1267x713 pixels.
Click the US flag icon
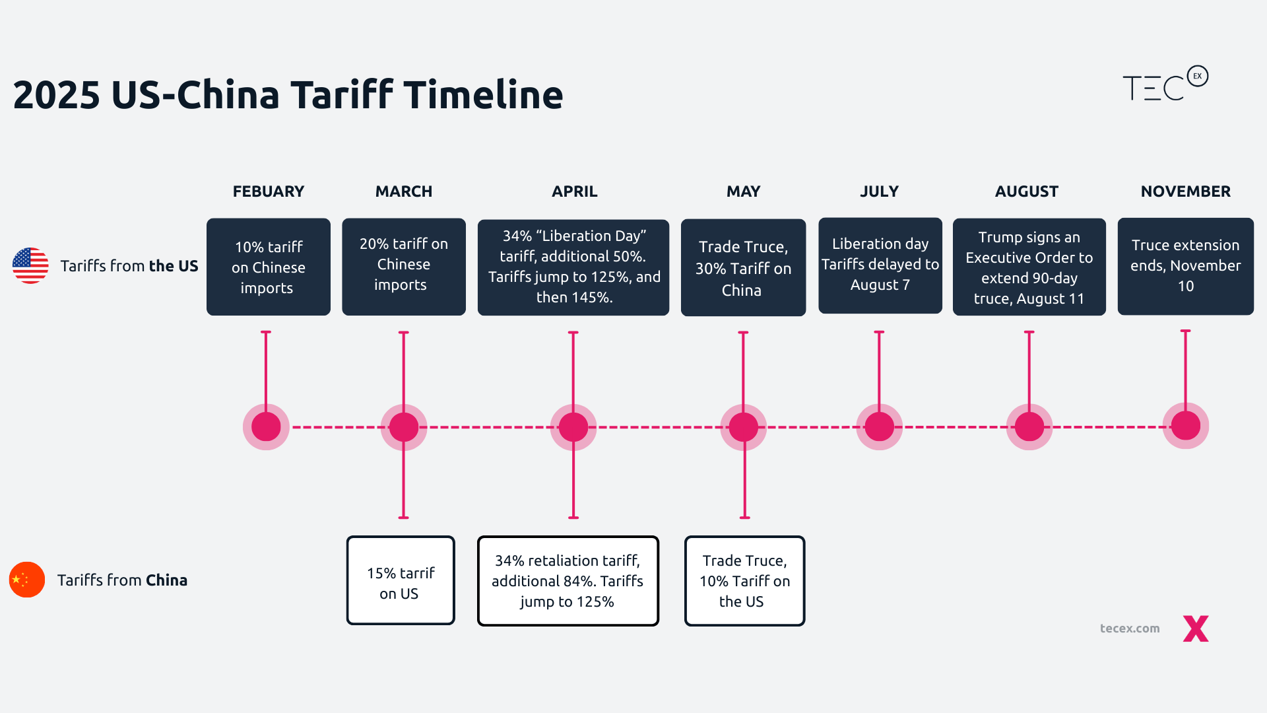tap(30, 265)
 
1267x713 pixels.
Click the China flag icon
tap(27, 580)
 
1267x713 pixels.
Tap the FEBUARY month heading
tap(268, 191)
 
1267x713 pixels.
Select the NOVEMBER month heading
tap(1185, 191)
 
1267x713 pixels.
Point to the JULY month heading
tap(879, 191)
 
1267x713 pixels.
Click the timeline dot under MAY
tap(744, 427)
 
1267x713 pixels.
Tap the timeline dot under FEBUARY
tap(266, 427)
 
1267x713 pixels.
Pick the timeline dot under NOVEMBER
tap(1185, 426)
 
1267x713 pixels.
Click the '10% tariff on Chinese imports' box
tap(268, 267)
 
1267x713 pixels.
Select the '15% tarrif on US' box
tap(401, 581)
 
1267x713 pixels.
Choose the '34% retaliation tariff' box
tap(568, 581)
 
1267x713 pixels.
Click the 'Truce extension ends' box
tap(1185, 266)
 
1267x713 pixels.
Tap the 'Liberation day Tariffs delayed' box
tap(880, 265)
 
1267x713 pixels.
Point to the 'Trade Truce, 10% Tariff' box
tap(744, 581)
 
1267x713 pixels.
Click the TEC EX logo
tap(1165, 85)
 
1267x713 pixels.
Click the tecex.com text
tap(1129, 628)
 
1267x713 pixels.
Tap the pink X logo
tap(1195, 628)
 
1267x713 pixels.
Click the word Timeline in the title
tap(483, 94)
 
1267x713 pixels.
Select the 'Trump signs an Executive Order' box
tap(1029, 267)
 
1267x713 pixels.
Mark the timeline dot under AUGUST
tap(1029, 427)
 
